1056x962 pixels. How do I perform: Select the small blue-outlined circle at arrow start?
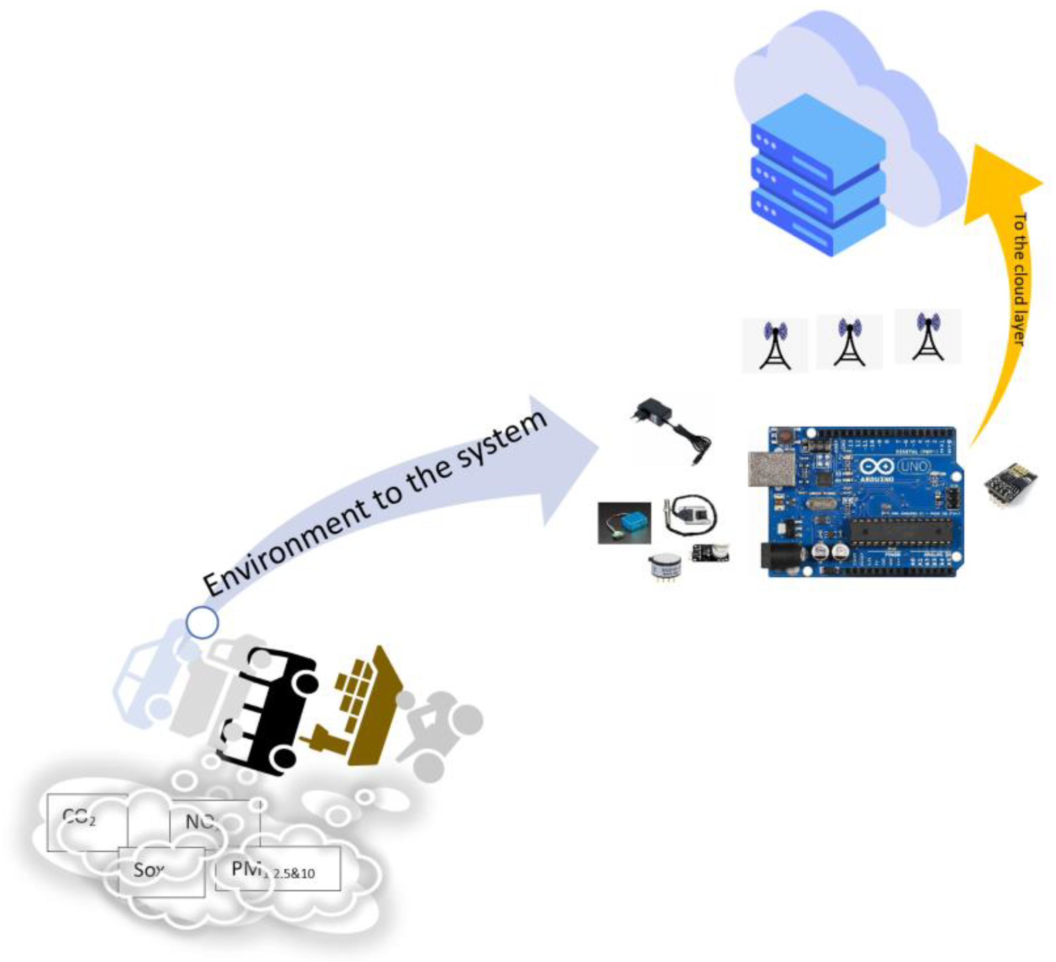202,622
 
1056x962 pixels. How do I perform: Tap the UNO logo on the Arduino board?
914,466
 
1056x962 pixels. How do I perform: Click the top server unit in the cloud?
817,133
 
